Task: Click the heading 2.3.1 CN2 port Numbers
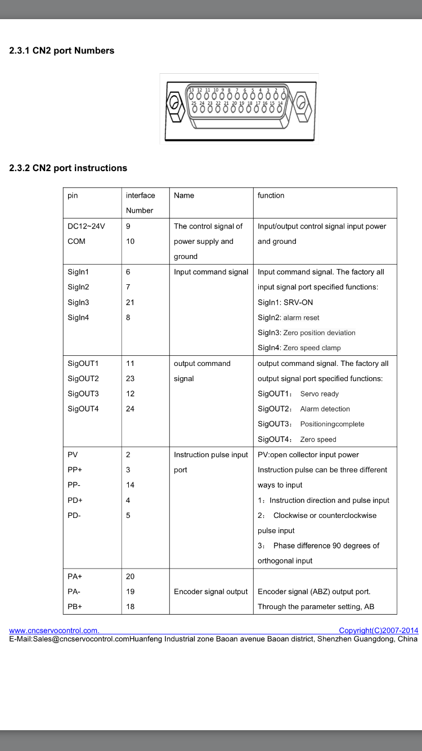62,51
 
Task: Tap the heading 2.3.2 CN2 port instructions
68,168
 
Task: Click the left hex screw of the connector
174,104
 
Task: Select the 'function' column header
271,195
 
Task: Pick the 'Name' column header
184,195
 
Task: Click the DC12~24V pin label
86,226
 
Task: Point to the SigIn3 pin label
78,302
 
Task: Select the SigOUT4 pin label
83,409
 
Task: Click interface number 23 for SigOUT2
130,379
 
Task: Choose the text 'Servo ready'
319,394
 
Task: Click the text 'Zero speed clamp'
312,348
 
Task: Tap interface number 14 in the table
130,485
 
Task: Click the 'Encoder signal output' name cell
210,592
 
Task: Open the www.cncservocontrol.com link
54,631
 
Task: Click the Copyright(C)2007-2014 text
378,631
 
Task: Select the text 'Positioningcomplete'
332,424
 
